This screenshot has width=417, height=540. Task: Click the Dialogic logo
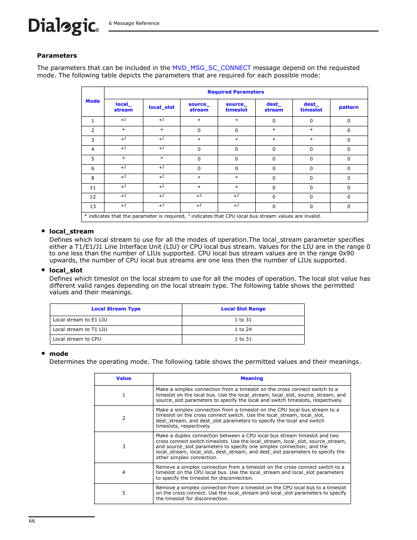[63, 26]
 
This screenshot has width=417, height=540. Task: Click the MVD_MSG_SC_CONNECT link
[212, 68]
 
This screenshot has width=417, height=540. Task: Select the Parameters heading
[57, 56]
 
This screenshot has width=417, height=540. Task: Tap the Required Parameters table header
[236, 92]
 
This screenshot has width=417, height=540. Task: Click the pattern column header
[348, 107]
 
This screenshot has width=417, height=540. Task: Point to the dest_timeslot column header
[311, 107]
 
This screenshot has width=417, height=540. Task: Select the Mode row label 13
[93, 207]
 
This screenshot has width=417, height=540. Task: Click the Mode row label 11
[93, 188]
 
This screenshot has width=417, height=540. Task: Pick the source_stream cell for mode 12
[199, 196]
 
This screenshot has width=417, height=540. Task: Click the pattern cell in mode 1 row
[348, 121]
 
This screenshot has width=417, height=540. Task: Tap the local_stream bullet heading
[71, 231]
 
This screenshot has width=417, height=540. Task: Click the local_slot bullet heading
[66, 270]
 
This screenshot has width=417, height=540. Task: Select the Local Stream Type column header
[116, 309]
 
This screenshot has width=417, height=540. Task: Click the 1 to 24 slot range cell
[243, 329]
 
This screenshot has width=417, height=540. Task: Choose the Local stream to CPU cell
[77, 339]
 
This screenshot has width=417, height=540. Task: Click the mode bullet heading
[59, 354]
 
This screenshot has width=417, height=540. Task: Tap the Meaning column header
[252, 378]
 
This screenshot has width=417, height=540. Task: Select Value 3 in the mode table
[124, 446]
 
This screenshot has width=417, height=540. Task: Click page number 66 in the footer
[32, 521]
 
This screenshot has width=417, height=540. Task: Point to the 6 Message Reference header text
[134, 23]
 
